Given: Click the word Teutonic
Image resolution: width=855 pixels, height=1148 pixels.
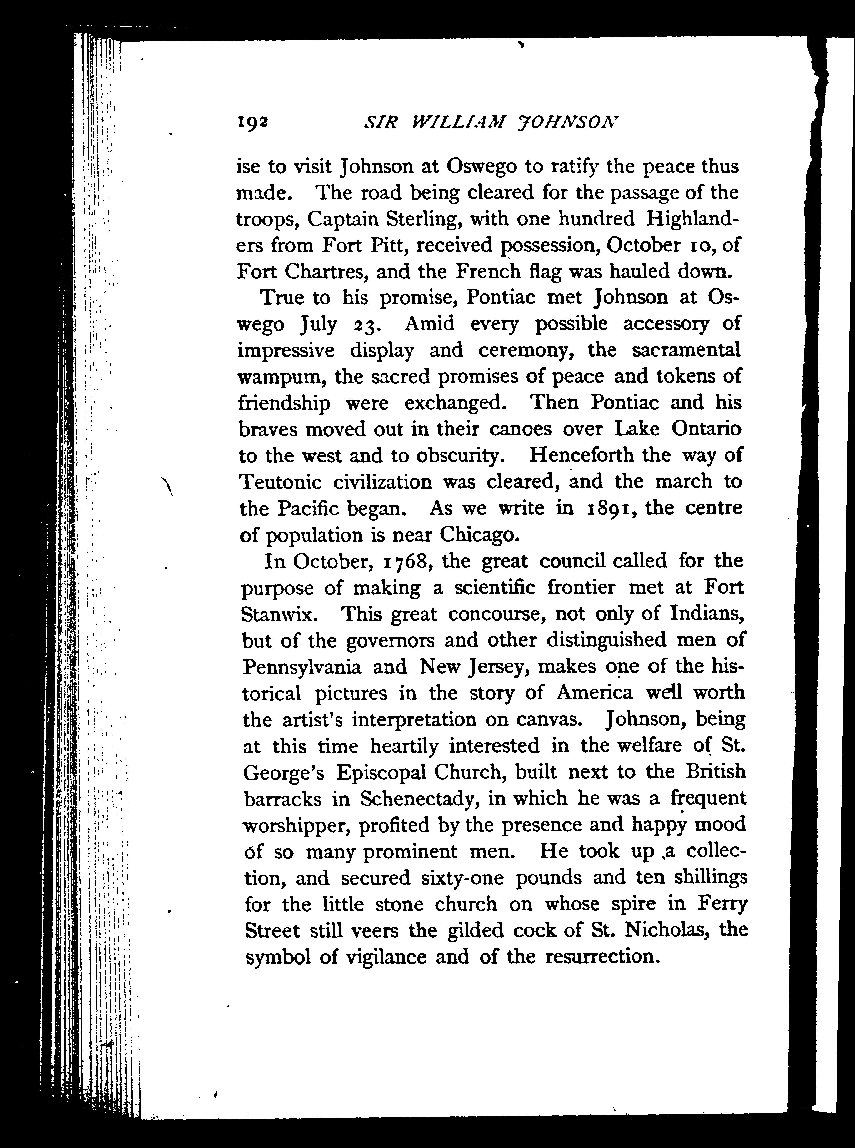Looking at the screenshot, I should point(280,482).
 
